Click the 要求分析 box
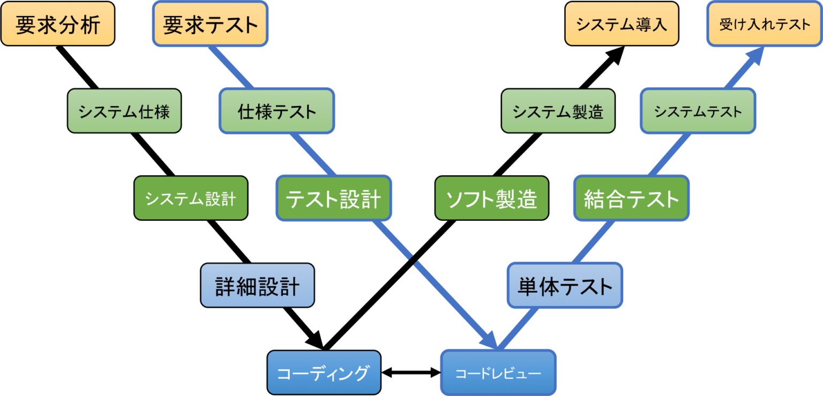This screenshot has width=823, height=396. pos(58,24)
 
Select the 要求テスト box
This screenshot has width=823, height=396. pos(210,24)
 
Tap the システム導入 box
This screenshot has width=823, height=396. pos(622,24)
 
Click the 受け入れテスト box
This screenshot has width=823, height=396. pos(765,24)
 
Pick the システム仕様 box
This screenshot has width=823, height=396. pos(124,111)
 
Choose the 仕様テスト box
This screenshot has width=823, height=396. pos(277,111)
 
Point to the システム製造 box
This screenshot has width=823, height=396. pos(558,111)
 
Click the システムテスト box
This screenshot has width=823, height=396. pos(698,111)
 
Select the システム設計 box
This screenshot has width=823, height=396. pos(191,198)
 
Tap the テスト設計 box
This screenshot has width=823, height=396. pos(333,198)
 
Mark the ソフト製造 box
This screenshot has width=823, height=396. pos(491,198)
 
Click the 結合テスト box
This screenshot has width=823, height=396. pos(631,198)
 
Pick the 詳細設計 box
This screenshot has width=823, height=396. pos(257,286)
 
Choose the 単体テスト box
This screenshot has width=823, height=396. pos(565,286)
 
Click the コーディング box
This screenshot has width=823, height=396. pos(324,373)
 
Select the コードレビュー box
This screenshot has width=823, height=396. pos(498,373)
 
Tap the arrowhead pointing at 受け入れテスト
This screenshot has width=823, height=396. pos(754,55)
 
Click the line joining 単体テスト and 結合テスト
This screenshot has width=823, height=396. pos(594,241)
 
